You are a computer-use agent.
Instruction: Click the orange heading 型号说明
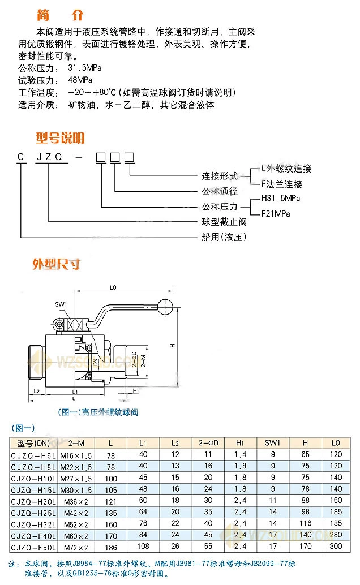(x=60, y=137)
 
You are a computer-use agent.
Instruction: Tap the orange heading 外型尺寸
(x=57, y=264)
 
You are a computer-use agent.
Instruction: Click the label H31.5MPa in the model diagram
(x=281, y=199)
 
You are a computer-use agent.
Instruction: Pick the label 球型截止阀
(x=224, y=221)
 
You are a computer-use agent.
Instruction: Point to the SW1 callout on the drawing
(x=61, y=304)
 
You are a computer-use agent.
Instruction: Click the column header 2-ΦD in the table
(x=208, y=442)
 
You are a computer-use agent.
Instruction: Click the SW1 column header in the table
(x=272, y=442)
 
